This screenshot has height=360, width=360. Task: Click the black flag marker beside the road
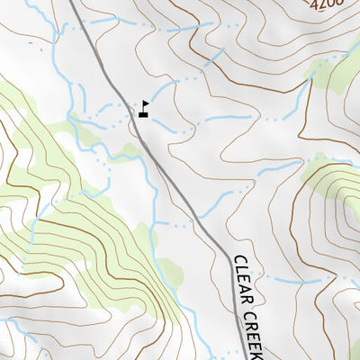[x=143, y=109]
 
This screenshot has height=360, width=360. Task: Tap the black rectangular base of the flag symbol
[x=143, y=114]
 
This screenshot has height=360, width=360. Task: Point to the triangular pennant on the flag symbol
[x=145, y=104]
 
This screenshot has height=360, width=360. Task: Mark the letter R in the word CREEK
[x=250, y=326]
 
